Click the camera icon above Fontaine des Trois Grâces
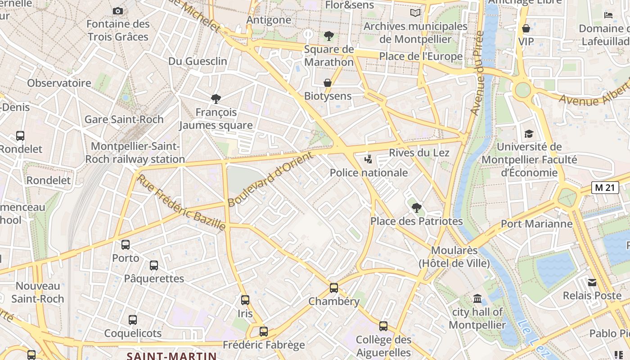tap(118, 11)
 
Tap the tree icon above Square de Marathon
tap(329, 36)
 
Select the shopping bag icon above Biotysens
tap(328, 83)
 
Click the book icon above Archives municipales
tap(415, 13)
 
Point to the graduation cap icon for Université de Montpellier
tap(529, 134)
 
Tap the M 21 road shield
tap(605, 188)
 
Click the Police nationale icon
tap(369, 159)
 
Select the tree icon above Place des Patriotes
tap(417, 207)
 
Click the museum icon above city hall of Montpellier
tap(477, 298)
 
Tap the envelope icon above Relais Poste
tap(592, 282)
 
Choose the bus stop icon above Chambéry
tap(333, 288)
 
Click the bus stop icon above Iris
tap(245, 300)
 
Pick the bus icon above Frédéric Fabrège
tap(264, 332)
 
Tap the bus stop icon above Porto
tap(126, 245)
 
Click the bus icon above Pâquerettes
tap(154, 265)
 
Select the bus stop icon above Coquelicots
tap(133, 320)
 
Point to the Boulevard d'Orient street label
tap(270, 180)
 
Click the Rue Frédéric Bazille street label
tap(181, 203)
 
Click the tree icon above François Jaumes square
tap(216, 99)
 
